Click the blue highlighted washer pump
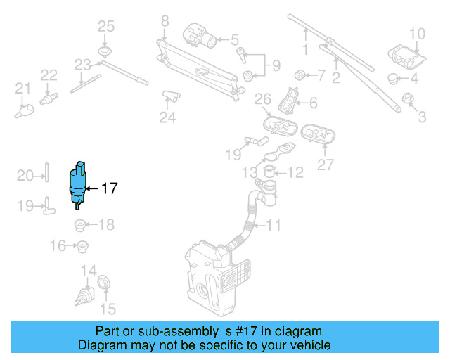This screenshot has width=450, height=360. [77, 184]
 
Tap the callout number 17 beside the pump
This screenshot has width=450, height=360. [109, 188]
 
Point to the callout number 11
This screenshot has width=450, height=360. [274, 226]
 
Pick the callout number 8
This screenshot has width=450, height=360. [165, 21]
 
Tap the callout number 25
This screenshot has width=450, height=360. [105, 27]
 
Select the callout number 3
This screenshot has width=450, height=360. [422, 117]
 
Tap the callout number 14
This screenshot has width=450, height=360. [88, 271]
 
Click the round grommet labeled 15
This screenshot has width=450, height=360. [103, 282]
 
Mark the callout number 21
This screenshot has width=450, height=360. [23, 89]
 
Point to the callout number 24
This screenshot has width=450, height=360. [167, 117]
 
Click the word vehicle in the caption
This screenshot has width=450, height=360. [307, 346]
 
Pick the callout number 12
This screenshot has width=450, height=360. [295, 172]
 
